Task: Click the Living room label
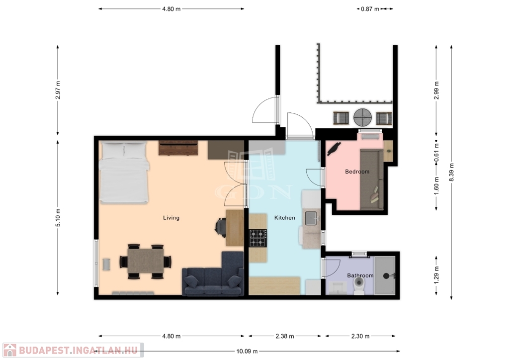tap(171, 218)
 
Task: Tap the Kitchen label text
tap(285, 218)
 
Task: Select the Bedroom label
tap(357, 172)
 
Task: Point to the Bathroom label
tap(360, 275)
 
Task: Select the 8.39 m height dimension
tap(451, 173)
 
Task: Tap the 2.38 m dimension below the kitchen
tap(285, 336)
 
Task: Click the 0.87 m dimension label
tap(370, 9)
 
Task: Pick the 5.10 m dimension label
tap(58, 218)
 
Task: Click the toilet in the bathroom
tap(359, 285)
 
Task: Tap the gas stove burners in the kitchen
tap(258, 238)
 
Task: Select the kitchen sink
tap(311, 218)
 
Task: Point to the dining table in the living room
tap(145, 261)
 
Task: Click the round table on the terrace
tap(362, 117)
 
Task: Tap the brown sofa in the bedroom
tap(372, 180)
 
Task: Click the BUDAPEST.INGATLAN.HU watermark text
tap(78, 351)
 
